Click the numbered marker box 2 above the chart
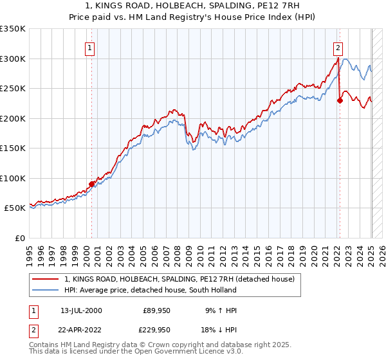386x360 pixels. point(338,48)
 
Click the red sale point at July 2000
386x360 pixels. point(91,184)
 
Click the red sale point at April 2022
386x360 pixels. point(340,100)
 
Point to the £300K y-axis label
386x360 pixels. point(12,59)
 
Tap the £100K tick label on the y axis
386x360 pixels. point(12,178)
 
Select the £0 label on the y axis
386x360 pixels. point(20,238)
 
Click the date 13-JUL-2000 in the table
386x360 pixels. point(81,311)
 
